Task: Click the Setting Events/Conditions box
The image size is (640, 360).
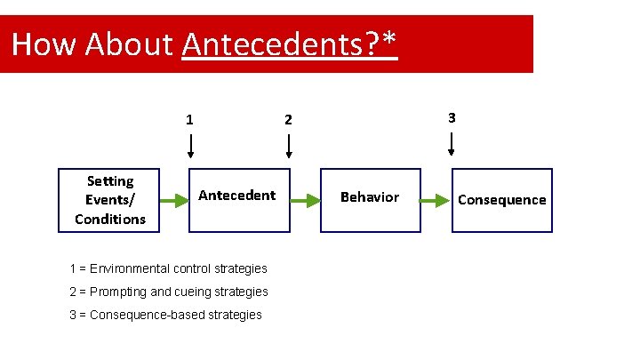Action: pos(109,200)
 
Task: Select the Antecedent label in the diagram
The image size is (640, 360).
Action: pos(236,195)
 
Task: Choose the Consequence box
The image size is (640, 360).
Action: pos(501,200)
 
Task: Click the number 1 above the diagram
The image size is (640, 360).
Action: pos(189,119)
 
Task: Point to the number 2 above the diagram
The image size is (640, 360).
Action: pos(287,119)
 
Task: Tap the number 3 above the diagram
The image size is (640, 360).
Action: pos(452,117)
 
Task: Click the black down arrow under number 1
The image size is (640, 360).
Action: pos(190,146)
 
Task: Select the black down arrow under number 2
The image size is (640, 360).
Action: pos(287,146)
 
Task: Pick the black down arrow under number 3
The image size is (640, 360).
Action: pos(452,144)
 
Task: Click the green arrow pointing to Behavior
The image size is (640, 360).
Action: pos(305,201)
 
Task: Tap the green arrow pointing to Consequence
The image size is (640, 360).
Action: pos(436,201)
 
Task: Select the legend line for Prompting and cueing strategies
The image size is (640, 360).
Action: pos(168,292)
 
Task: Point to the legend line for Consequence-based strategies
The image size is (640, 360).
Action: pos(165,315)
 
